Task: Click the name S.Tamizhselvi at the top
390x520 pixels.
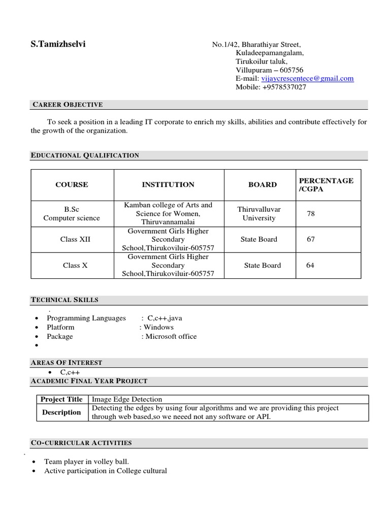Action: click(x=58, y=44)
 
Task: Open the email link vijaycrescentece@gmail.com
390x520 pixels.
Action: click(x=307, y=78)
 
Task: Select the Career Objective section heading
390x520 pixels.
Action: click(x=68, y=105)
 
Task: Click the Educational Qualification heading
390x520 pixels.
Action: click(x=85, y=155)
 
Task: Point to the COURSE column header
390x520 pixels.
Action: click(x=72, y=185)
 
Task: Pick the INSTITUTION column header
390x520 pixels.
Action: click(x=168, y=185)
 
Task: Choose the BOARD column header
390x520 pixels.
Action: click(x=263, y=185)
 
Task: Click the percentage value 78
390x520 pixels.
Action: click(x=311, y=214)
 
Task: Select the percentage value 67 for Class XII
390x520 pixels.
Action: click(x=311, y=239)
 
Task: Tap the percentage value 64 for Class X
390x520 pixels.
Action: click(x=310, y=265)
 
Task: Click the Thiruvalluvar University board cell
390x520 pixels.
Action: click(x=259, y=214)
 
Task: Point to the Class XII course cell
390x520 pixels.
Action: click(x=75, y=239)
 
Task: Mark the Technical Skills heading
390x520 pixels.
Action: click(x=64, y=300)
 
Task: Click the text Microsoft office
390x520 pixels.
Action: click(x=171, y=336)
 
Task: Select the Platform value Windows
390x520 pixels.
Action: click(x=158, y=327)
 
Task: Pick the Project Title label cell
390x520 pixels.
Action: click(x=61, y=399)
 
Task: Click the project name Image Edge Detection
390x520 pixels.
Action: click(x=126, y=399)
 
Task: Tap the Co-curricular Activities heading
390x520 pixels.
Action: click(x=81, y=443)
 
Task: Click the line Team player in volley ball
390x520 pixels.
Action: click(x=86, y=462)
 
